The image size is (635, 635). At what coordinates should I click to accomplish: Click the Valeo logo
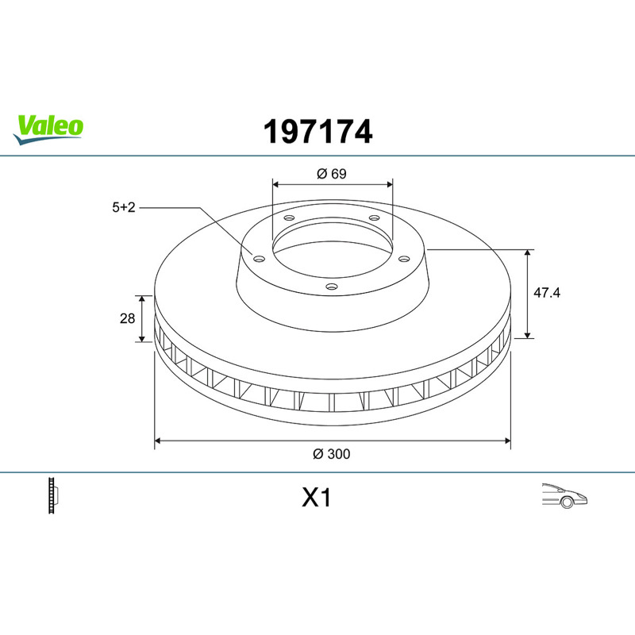48,129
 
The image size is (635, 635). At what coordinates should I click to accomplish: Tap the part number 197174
318,132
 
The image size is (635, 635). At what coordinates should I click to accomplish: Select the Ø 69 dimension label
332,174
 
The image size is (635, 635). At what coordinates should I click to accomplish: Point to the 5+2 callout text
124,207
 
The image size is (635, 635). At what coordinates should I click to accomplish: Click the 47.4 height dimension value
547,292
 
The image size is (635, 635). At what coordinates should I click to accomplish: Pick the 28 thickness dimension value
127,319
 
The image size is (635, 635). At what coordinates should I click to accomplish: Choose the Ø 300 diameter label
332,454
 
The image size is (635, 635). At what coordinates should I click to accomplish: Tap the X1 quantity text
316,498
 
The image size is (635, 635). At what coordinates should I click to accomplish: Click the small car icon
564,495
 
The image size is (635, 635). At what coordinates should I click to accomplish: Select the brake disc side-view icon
52,495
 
